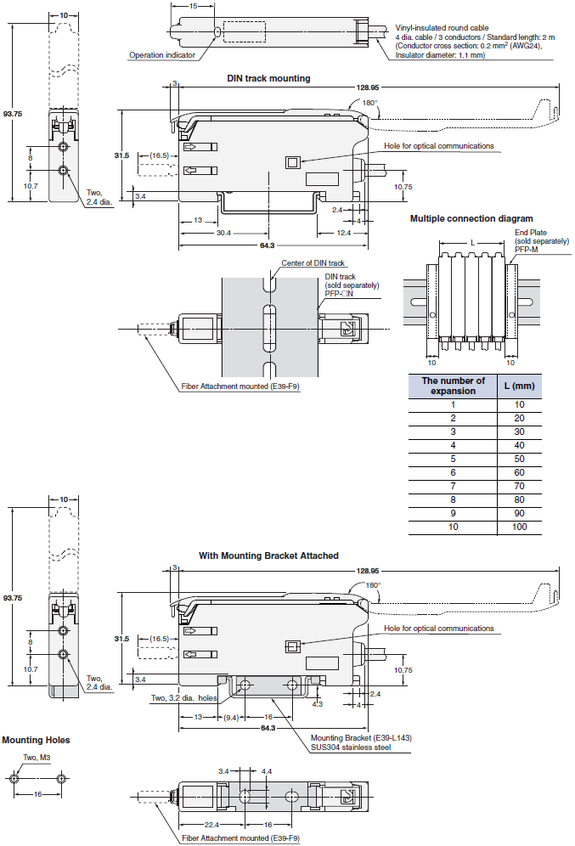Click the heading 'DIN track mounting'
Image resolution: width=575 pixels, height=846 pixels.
[x=268, y=78]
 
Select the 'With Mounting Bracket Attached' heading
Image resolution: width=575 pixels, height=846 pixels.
[x=268, y=556]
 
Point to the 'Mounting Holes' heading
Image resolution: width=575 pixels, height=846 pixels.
[x=36, y=740]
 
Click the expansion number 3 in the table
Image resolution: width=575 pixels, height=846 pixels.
[x=453, y=431]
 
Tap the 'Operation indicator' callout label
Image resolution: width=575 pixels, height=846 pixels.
[x=162, y=55]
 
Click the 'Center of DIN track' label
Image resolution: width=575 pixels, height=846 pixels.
[x=313, y=263]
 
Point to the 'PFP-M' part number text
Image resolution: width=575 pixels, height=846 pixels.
[x=527, y=250]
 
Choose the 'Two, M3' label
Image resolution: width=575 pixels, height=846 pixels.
[x=36, y=758]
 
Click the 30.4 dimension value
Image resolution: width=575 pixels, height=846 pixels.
[x=200, y=232]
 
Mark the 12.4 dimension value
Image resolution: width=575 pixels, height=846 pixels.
[x=344, y=232]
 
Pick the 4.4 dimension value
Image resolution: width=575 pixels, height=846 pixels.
[x=266, y=770]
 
